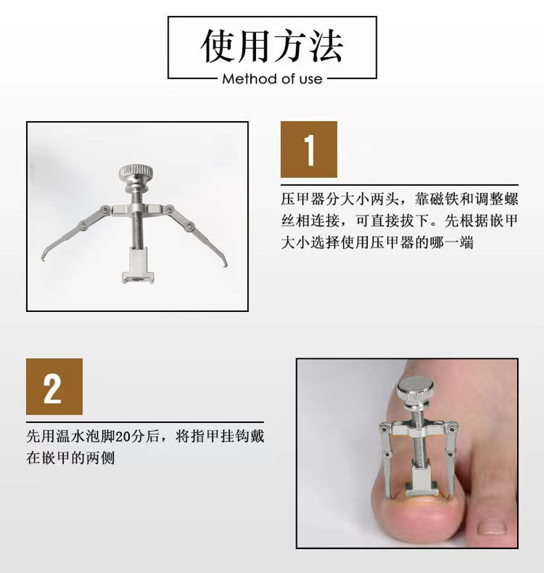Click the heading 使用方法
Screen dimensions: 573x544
272,47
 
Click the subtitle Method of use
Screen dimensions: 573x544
272,79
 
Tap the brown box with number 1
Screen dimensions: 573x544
308,149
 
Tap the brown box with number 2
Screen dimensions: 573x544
54,386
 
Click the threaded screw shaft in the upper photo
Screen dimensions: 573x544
136,227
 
